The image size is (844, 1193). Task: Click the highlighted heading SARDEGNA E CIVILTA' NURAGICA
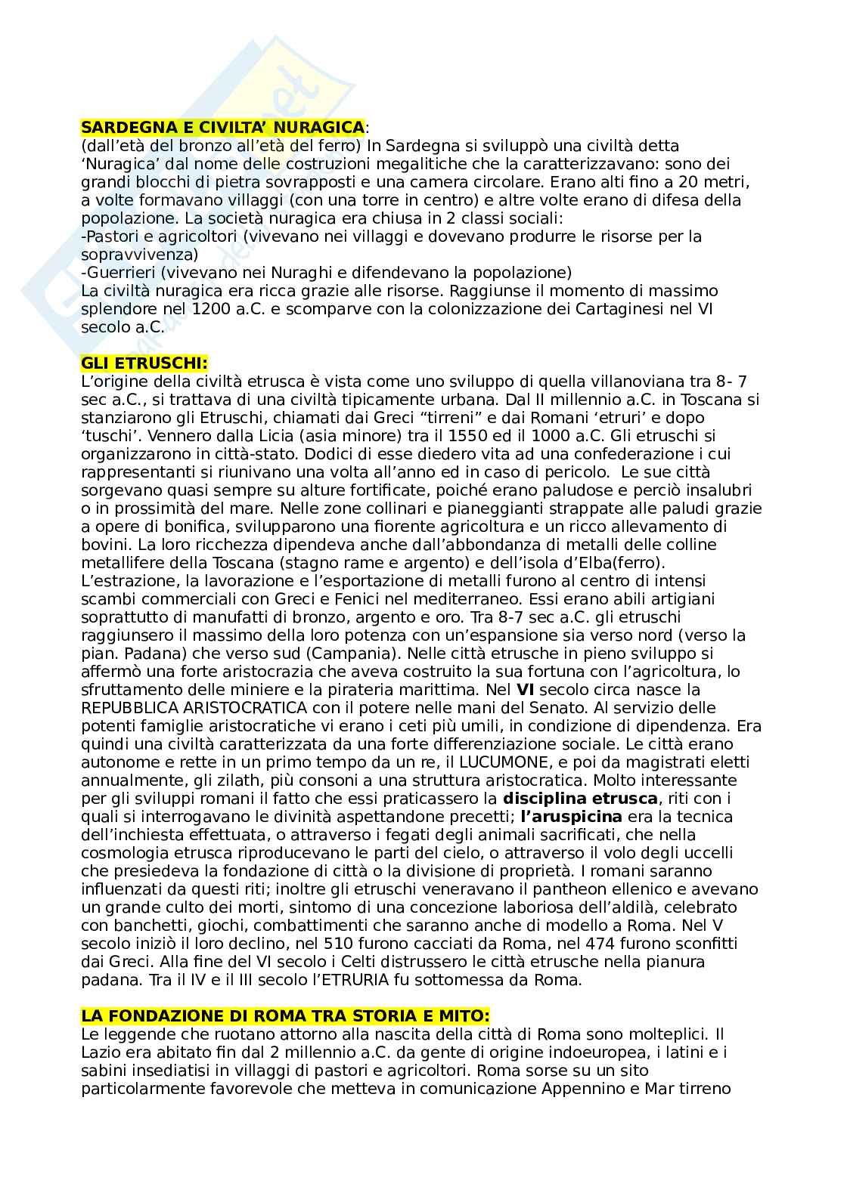pos(222,127)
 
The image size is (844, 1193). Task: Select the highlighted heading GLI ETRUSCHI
pos(144,363)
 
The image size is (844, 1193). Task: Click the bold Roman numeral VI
pos(524,690)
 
